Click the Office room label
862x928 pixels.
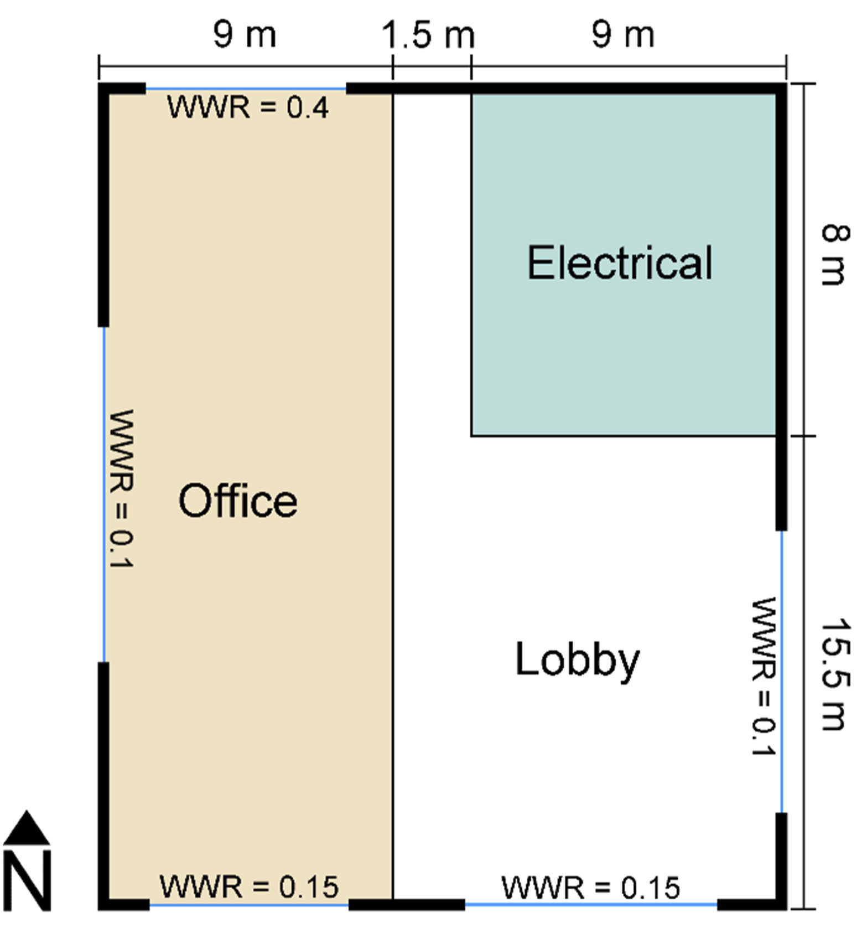(238, 501)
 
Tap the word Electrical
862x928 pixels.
(620, 262)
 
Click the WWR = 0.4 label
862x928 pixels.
(248, 107)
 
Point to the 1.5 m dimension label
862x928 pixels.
(428, 35)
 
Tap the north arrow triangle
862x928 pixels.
(27, 828)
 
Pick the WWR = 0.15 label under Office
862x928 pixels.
(249, 886)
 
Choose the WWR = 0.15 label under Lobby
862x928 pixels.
(590, 888)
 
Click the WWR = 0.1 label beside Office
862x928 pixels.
(121, 489)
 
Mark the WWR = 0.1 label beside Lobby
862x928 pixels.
(763, 676)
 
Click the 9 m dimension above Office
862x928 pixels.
(245, 35)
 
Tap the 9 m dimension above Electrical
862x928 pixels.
(623, 35)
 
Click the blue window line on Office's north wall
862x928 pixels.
(246, 89)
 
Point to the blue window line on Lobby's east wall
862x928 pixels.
(782, 671)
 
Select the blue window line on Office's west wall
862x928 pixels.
(103, 494)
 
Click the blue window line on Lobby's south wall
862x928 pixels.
(591, 905)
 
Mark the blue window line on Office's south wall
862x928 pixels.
(249, 905)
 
